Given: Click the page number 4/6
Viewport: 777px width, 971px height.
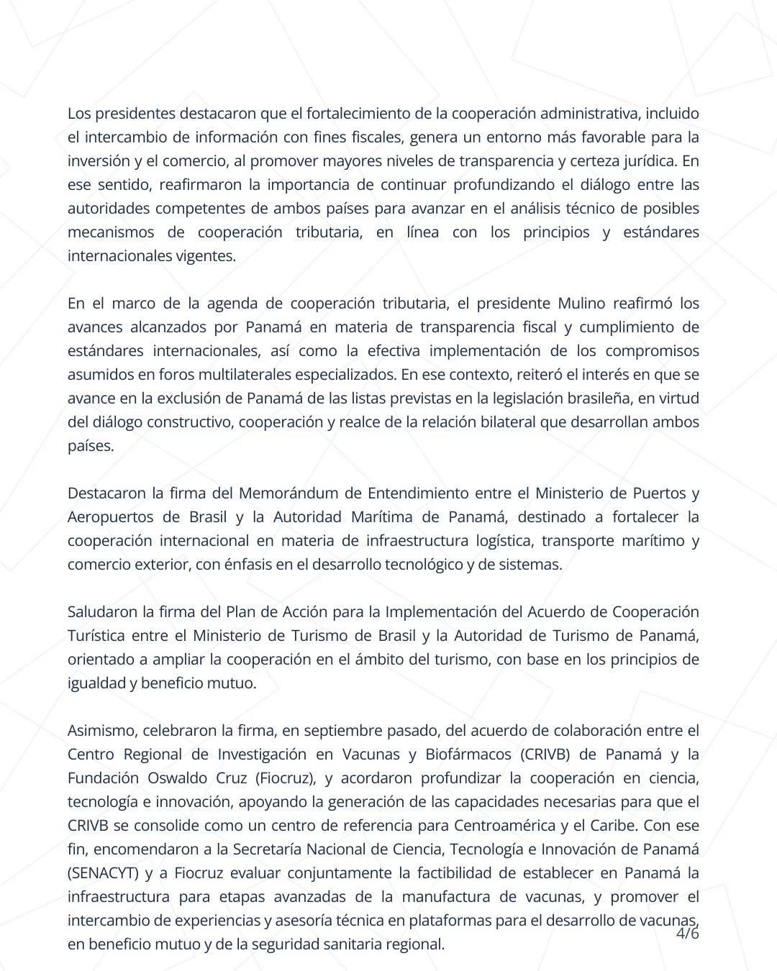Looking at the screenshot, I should click(x=688, y=934).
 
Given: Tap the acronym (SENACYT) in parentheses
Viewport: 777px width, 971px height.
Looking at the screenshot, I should click(x=103, y=873).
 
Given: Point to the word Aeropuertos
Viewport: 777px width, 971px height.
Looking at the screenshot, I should click(x=111, y=517).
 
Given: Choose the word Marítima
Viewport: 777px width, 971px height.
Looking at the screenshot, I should click(x=382, y=517).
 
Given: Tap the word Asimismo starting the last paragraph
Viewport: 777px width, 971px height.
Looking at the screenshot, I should click(x=101, y=731).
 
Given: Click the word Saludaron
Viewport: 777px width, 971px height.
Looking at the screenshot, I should click(x=102, y=612).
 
